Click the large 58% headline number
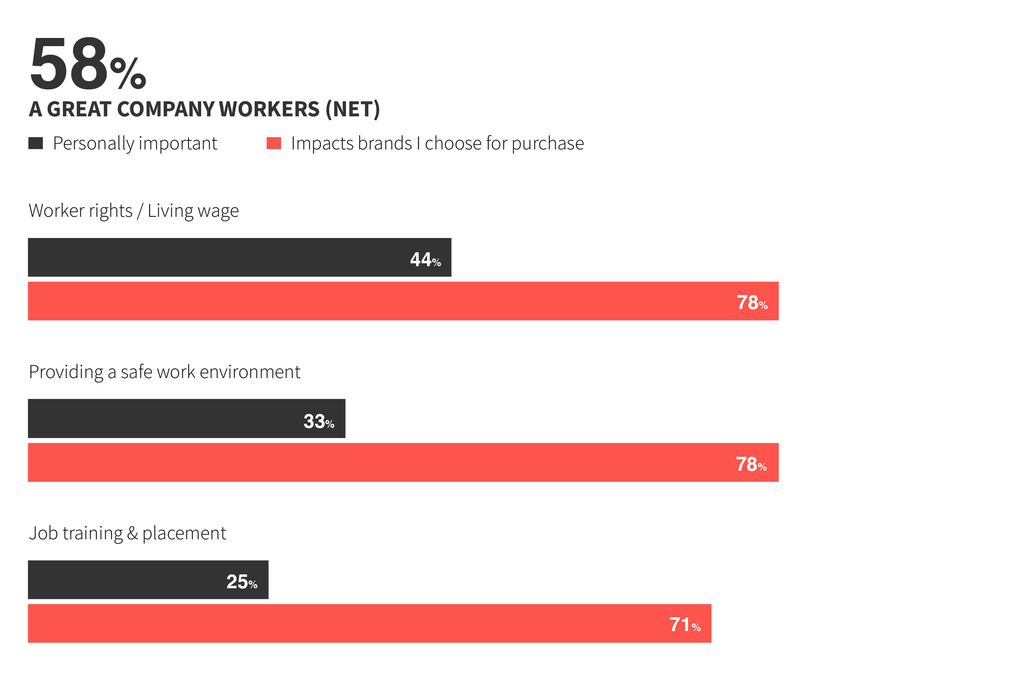(87, 64)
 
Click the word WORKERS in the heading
(269, 109)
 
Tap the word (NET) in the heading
(352, 109)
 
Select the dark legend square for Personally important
(35, 143)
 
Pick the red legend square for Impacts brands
(273, 143)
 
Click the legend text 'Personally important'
(135, 144)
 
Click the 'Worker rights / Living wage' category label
(133, 211)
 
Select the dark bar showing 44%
(220, 258)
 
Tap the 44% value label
(425, 260)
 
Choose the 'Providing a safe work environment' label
(164, 372)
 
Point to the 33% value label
(319, 422)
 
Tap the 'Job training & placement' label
(127, 533)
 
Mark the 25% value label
(242, 582)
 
